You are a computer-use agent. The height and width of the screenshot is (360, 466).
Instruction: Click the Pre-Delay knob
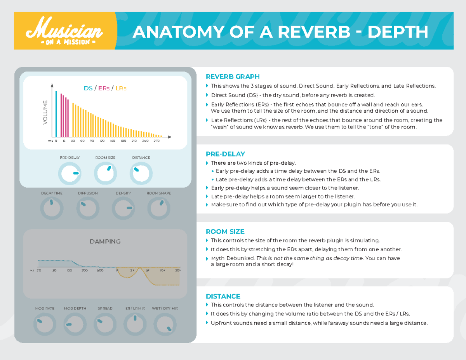coord(70,174)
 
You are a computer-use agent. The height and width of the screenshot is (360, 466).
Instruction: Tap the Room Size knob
coord(106,174)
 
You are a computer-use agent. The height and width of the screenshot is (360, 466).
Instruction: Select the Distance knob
coord(141,174)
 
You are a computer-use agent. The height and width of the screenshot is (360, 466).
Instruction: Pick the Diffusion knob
coord(88,209)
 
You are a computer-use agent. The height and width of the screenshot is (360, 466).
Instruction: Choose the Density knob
coord(123,209)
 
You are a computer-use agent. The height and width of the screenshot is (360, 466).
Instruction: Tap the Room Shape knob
coord(158,209)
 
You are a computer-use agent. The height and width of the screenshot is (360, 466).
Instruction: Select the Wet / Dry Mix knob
coord(165,324)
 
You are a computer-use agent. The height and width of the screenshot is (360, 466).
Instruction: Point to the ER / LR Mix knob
coord(135,324)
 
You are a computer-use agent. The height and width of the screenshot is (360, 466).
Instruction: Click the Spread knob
coord(105,324)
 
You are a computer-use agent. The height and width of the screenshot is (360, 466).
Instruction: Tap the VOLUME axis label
coord(45,113)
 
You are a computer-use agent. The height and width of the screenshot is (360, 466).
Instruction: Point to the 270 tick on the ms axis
coord(156,141)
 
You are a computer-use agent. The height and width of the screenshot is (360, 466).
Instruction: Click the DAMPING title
coord(105,242)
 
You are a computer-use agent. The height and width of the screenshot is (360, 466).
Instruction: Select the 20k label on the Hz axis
coord(178,270)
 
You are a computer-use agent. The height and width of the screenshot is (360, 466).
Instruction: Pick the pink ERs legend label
coord(103,88)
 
